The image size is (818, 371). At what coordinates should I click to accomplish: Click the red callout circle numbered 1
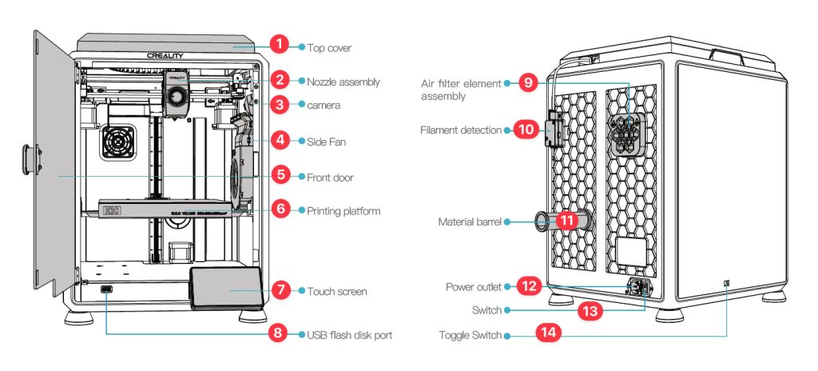(x=278, y=45)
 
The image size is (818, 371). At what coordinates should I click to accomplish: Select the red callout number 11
(x=566, y=221)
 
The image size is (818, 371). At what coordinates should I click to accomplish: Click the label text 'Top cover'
(x=329, y=48)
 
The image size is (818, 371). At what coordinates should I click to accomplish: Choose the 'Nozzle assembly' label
(x=343, y=82)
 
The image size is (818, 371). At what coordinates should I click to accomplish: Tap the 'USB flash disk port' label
(x=349, y=335)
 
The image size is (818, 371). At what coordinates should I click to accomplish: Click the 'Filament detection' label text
(x=461, y=130)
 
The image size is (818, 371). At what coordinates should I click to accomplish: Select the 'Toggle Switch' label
(x=470, y=335)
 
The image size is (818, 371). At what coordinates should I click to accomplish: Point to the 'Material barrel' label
(x=469, y=222)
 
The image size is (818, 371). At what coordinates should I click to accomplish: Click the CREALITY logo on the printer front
(x=165, y=56)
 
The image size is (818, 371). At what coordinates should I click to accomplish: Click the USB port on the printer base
(x=108, y=289)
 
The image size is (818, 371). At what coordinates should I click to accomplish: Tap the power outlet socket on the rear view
(x=639, y=288)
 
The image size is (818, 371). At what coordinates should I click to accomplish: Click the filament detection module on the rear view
(x=553, y=130)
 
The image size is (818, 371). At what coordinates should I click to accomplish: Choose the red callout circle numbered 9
(x=526, y=82)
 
